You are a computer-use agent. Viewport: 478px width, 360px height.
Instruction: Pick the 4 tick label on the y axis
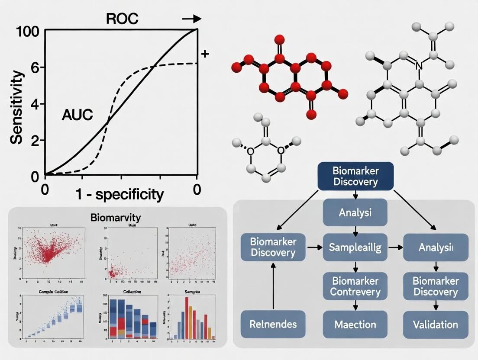tap(35, 104)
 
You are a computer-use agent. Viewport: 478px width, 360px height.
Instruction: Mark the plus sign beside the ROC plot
tap(205, 54)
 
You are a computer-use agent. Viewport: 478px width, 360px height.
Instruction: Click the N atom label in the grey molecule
tap(418, 66)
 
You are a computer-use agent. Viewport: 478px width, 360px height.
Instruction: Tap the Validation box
tap(436, 324)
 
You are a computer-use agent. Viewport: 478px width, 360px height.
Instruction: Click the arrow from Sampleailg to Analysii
tap(394, 247)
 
